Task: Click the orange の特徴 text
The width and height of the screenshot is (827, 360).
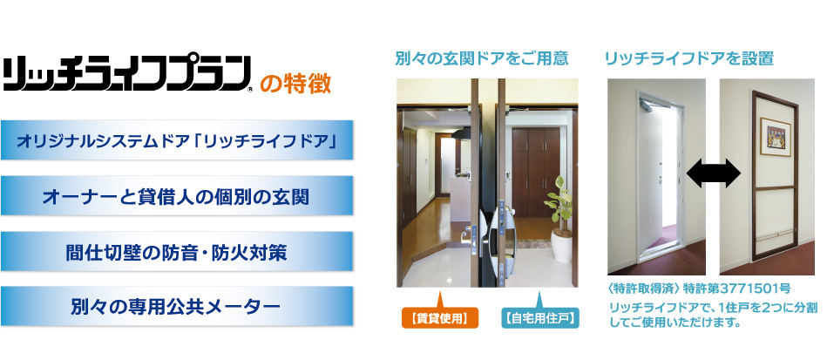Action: tap(296, 85)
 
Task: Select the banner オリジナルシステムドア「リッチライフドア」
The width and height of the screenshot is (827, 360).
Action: tap(177, 139)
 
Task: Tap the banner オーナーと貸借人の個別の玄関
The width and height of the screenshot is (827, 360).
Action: tap(177, 195)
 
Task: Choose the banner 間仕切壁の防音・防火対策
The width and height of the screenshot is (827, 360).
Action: tap(177, 251)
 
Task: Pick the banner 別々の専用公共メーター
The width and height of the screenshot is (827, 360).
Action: tap(177, 306)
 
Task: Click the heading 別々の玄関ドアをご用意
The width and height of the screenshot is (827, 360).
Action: tap(482, 58)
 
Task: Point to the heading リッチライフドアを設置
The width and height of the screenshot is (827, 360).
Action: tap(689, 58)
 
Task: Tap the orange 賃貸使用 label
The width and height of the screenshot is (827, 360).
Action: tap(440, 318)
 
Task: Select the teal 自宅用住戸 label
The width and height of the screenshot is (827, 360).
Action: tap(539, 318)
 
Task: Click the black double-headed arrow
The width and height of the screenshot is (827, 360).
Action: tap(714, 175)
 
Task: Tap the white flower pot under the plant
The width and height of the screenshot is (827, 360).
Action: tap(561, 247)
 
